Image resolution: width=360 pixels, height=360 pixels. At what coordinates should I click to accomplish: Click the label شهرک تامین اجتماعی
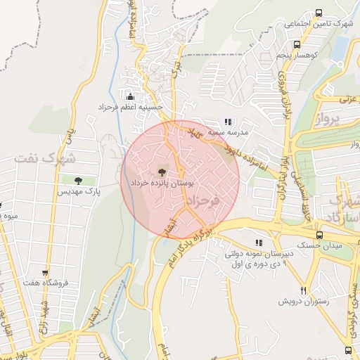tap(317, 24)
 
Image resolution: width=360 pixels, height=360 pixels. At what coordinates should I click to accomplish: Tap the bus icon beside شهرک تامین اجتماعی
tap(319, 13)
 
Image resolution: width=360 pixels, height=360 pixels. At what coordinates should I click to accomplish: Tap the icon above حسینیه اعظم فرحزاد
tap(130, 96)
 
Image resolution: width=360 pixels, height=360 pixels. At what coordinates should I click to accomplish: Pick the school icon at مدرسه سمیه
tap(226, 122)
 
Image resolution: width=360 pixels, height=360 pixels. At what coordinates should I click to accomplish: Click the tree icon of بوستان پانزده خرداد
tap(162, 172)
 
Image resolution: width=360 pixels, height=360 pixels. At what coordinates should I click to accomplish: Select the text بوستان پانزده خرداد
tap(162, 183)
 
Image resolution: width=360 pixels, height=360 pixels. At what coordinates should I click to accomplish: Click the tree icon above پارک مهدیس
tap(77, 181)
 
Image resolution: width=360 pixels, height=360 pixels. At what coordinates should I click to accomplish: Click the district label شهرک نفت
tap(44, 157)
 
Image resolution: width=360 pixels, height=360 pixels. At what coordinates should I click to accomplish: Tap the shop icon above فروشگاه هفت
tap(45, 273)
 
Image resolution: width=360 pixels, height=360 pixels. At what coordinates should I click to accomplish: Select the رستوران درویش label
tap(304, 301)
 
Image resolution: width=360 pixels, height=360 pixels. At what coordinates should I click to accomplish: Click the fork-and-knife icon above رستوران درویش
tap(304, 290)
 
